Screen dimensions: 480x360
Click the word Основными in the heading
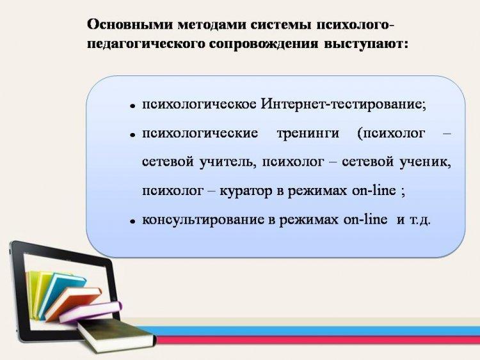pyautogui.click(x=129, y=24)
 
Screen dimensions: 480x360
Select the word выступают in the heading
pyautogui.click(x=366, y=44)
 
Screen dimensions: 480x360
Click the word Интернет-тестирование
pyautogui.click(x=343, y=104)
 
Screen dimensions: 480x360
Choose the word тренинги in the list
pyautogui.click(x=308, y=134)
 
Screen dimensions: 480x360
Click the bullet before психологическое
pyautogui.click(x=132, y=106)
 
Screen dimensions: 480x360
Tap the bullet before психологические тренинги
pyautogui.click(x=132, y=134)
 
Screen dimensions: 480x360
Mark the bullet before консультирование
pyautogui.click(x=132, y=221)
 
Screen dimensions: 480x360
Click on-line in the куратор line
pyautogui.click(x=374, y=191)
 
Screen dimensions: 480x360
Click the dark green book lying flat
pyautogui.click(x=116, y=335)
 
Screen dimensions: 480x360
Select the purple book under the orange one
pyautogui.click(x=91, y=312)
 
